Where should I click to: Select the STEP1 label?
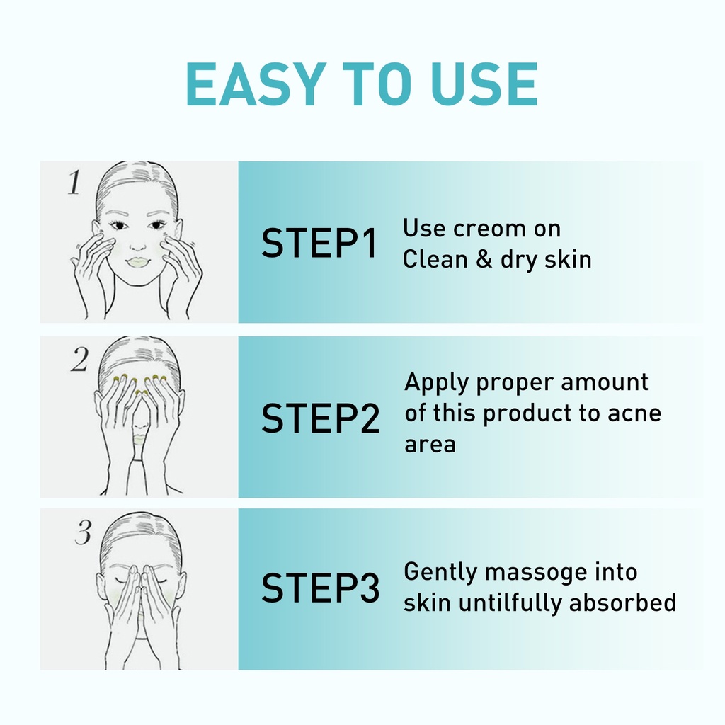pyautogui.click(x=319, y=243)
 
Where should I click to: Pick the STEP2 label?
pyautogui.click(x=321, y=418)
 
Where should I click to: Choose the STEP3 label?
pyautogui.click(x=321, y=587)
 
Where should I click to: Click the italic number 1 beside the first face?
pyautogui.click(x=74, y=182)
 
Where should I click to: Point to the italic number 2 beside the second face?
pyautogui.click(x=79, y=359)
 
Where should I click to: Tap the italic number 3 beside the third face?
pyautogui.click(x=84, y=532)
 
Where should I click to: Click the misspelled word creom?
pyautogui.click(x=490, y=229)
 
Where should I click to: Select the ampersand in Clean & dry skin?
pyautogui.click(x=484, y=259)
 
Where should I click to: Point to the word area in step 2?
pyautogui.click(x=430, y=445)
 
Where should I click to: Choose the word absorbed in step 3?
pyautogui.click(x=623, y=603)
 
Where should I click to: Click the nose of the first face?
pyautogui.click(x=137, y=245)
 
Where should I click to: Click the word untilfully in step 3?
pyautogui.click(x=510, y=603)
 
